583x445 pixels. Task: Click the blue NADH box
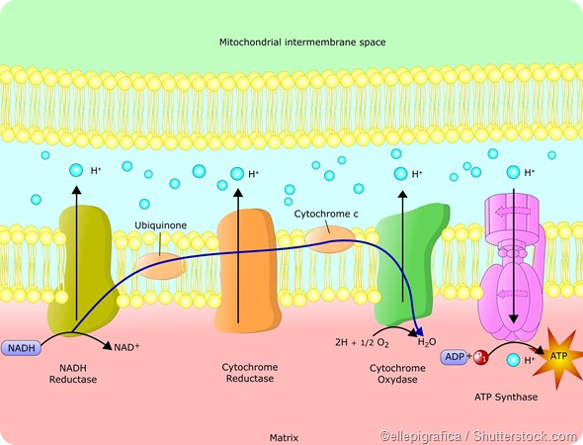tap(23, 348)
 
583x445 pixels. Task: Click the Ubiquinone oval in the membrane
tap(161, 265)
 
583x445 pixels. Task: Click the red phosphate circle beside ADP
tap(482, 358)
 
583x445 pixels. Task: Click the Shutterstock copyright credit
tap(477, 435)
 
